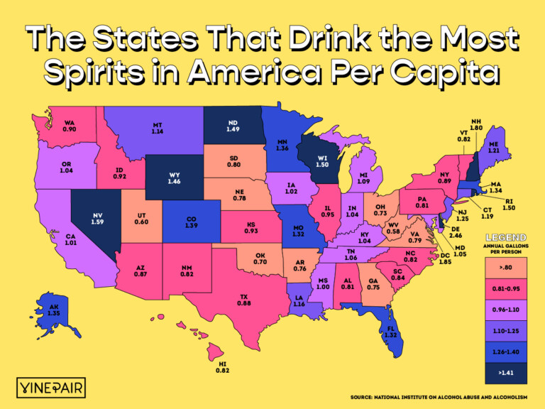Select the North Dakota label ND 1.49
click(x=232, y=126)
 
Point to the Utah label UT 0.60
click(x=141, y=218)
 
